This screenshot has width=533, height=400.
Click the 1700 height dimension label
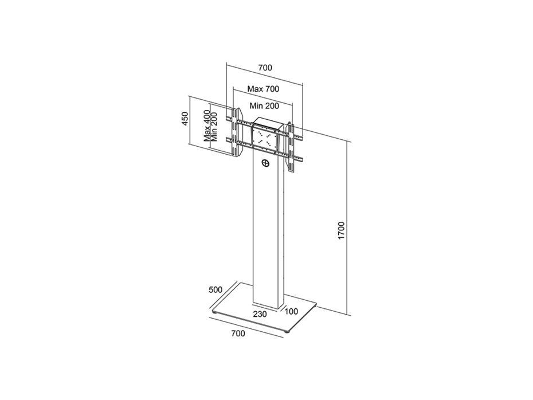click(342, 230)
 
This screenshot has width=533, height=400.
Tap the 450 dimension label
click(185, 119)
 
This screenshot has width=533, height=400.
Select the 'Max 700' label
click(263, 89)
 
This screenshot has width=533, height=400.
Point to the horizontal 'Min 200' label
click(264, 106)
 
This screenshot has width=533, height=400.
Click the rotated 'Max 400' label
click(207, 127)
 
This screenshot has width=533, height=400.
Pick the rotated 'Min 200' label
click(214, 127)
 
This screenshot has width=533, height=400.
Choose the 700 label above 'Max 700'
click(265, 68)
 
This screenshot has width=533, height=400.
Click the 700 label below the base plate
click(238, 334)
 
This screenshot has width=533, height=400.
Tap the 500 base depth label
click(215, 290)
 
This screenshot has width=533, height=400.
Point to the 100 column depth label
click(291, 311)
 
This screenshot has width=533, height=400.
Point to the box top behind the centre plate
click(268, 123)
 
